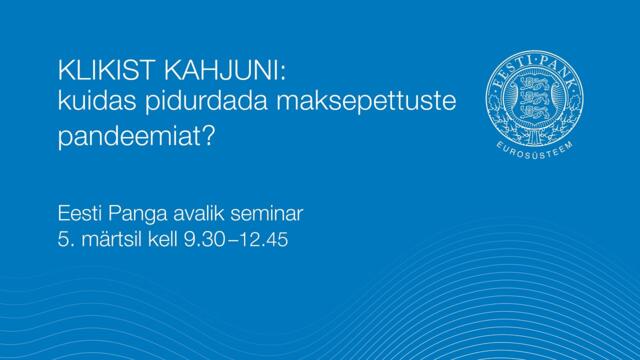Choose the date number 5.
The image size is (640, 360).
[67, 240]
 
